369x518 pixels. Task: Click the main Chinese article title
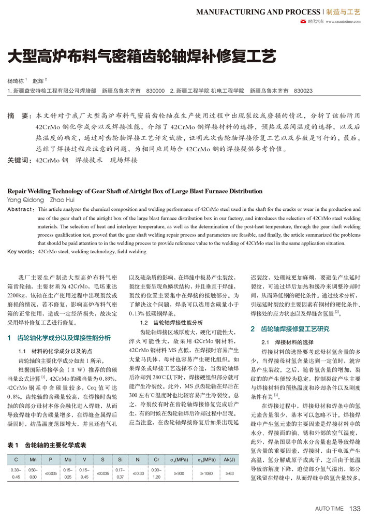tap(141, 56)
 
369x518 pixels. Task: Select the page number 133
tap(355, 509)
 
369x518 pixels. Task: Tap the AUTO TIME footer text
tap(330, 509)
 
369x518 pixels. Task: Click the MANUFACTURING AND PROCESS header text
tap(258, 12)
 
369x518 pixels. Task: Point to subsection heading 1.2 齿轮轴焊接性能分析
tap(166, 322)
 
